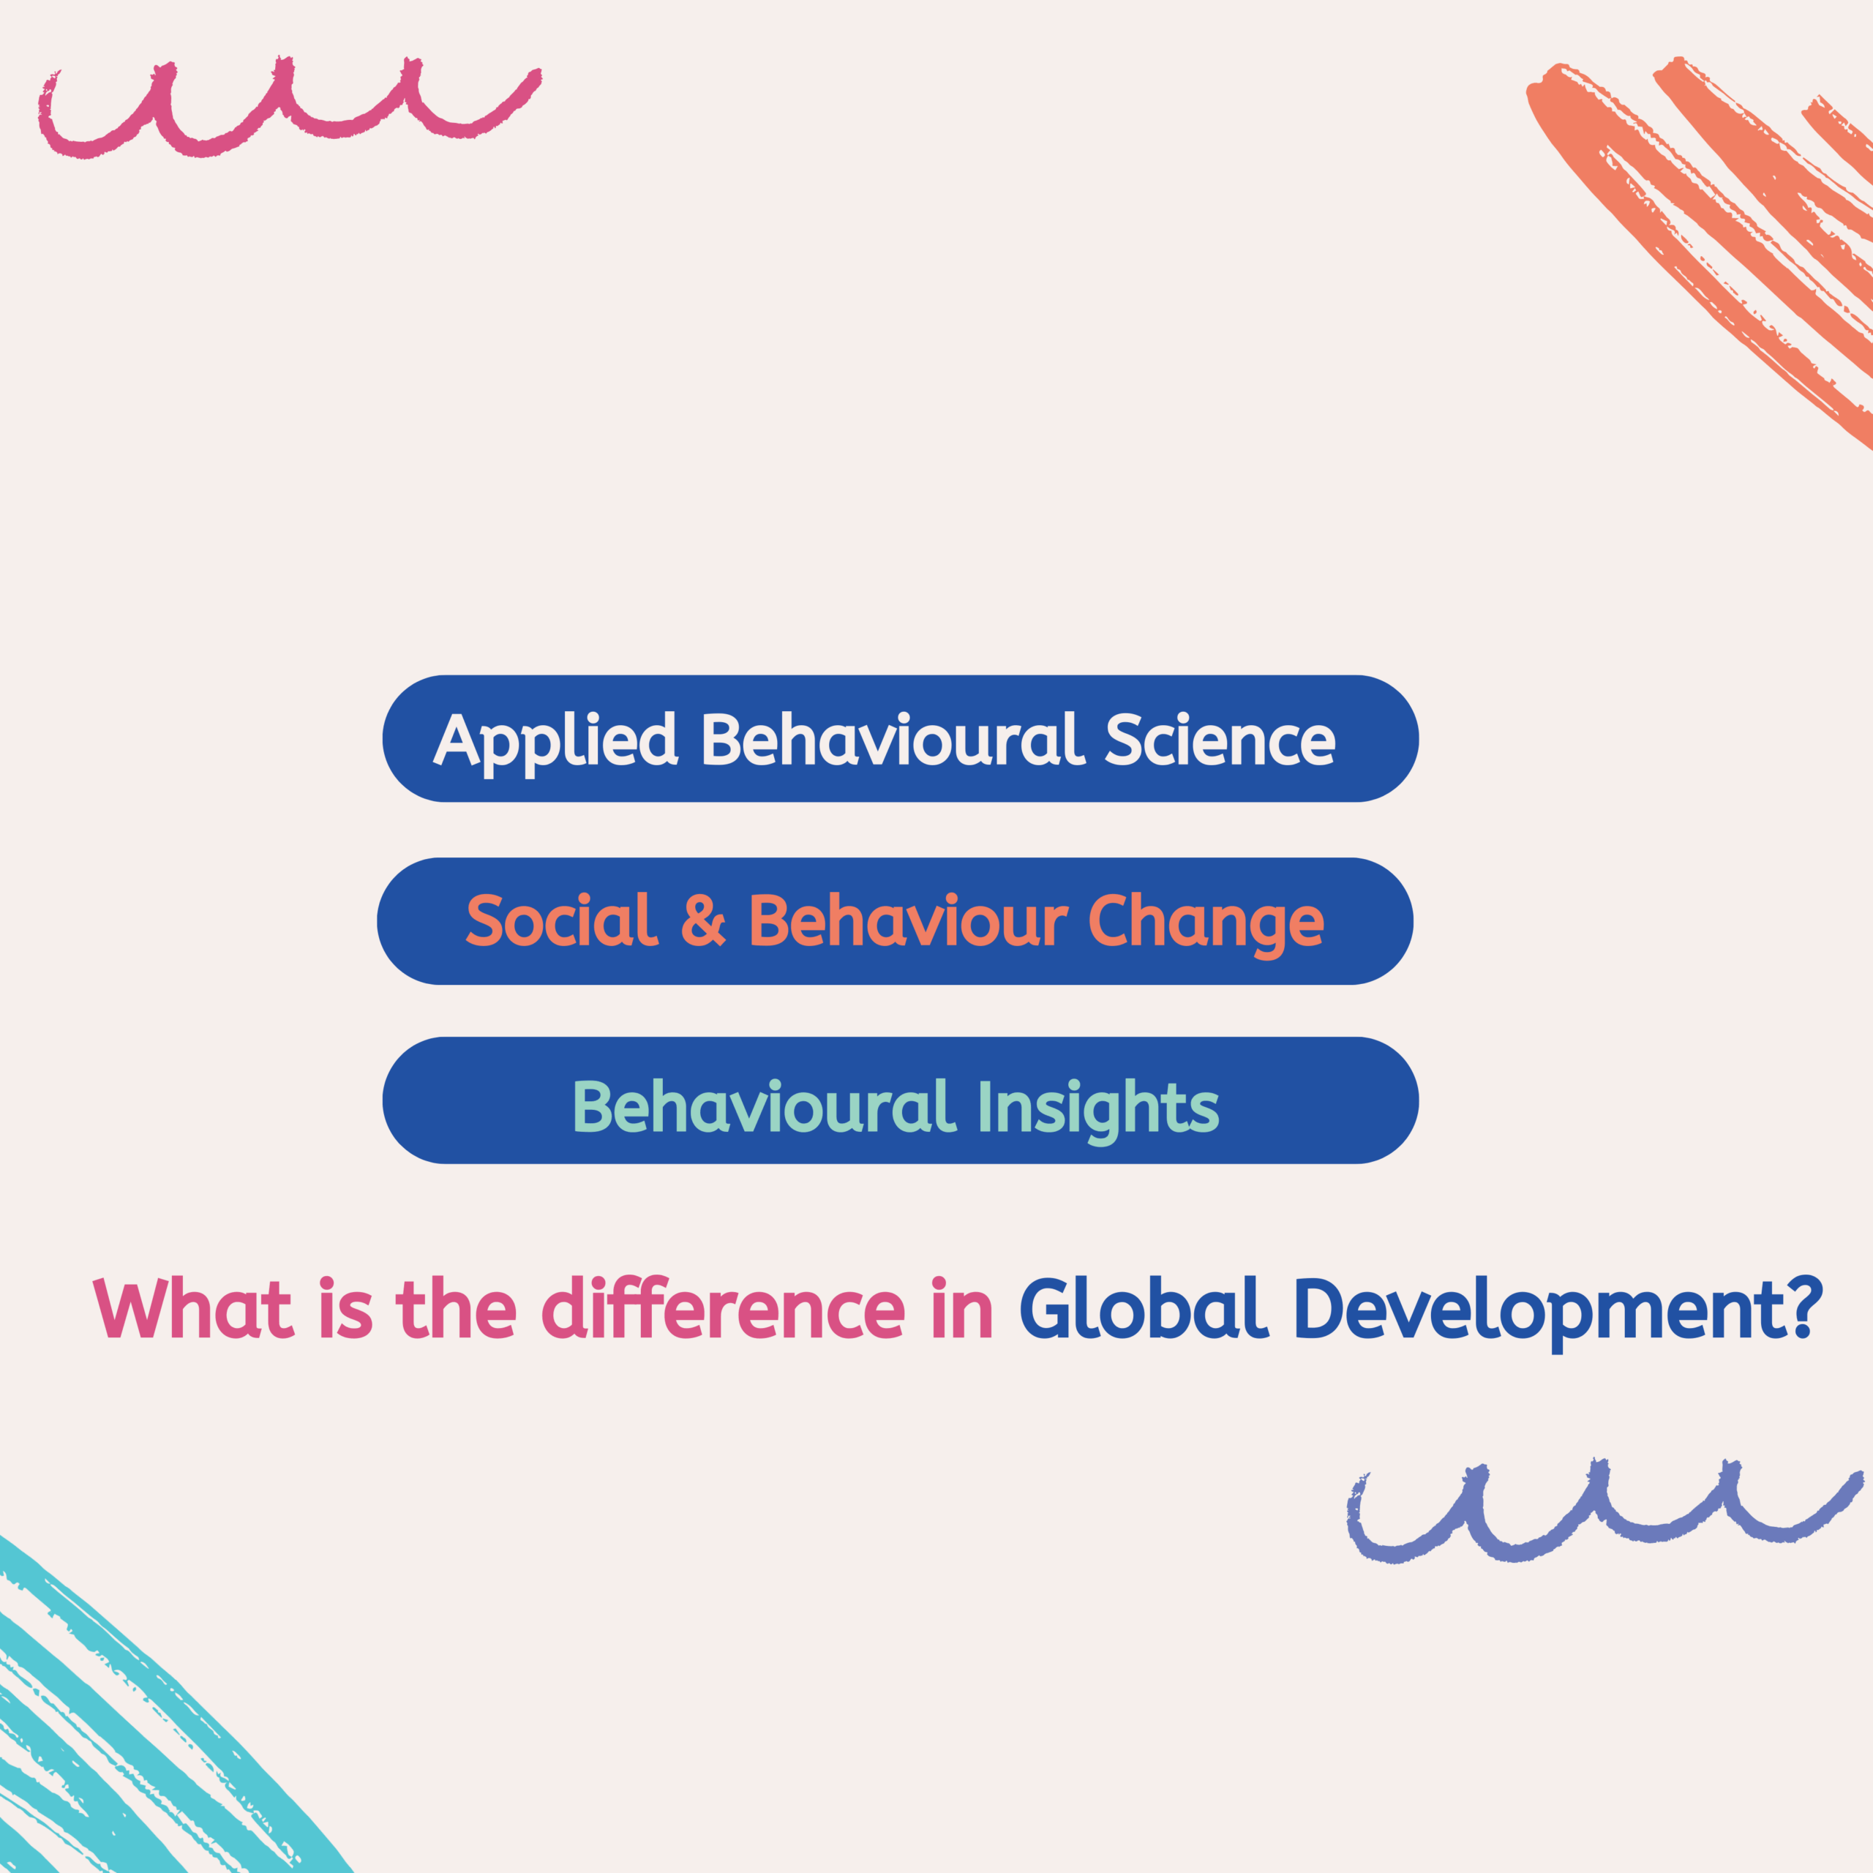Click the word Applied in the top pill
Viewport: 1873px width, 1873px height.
point(555,740)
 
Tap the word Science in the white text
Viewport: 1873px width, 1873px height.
point(1220,740)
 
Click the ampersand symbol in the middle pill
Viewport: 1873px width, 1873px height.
point(703,922)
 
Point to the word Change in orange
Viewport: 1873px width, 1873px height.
point(1205,923)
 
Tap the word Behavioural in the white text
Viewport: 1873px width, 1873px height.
point(892,740)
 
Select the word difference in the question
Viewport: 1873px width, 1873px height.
point(723,1310)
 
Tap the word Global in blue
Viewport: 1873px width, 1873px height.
point(1144,1310)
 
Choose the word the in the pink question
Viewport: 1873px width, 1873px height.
point(456,1310)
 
